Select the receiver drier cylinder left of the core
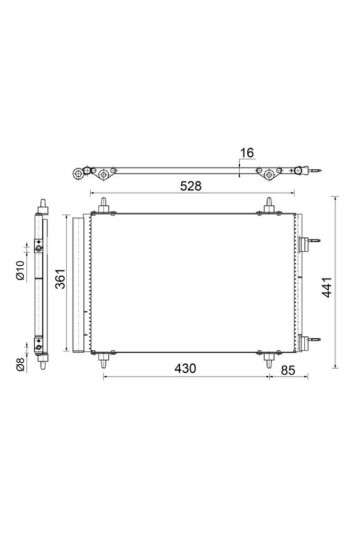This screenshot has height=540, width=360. click(x=73, y=283)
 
